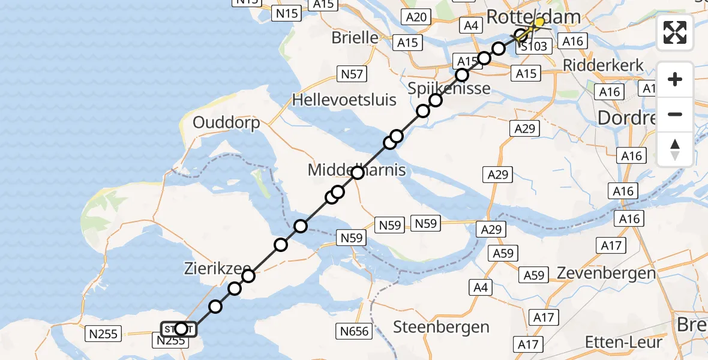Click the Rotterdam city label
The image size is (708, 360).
[x=534, y=16]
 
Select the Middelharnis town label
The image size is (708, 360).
[x=356, y=170]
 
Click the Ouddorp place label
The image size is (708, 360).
[x=226, y=123]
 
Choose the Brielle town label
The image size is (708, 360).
[x=355, y=37]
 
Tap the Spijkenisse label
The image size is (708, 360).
[x=449, y=89]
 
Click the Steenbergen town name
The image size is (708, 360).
[x=441, y=327]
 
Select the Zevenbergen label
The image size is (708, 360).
[x=606, y=273]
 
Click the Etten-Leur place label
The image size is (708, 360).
[x=624, y=342]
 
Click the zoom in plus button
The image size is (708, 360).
[x=675, y=79]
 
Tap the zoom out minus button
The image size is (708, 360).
[x=675, y=114]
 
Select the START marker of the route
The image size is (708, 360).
[x=178, y=329]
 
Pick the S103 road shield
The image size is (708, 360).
[x=532, y=46]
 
